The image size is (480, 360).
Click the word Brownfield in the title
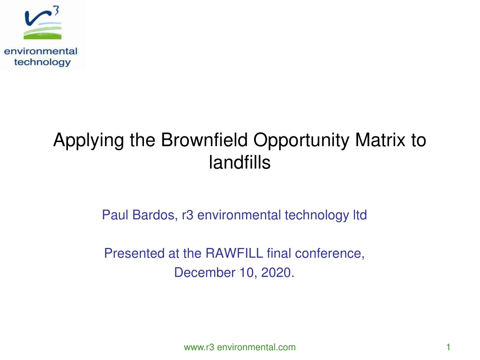click(204, 140)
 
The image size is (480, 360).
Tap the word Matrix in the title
click(380, 140)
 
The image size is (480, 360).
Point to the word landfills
click(240, 162)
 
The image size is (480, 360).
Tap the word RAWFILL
click(234, 253)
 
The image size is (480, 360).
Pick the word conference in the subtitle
click(330, 254)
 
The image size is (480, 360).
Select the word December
click(205, 272)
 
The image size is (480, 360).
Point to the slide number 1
click(448, 347)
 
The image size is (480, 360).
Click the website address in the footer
click(240, 347)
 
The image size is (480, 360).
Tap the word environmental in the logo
click(41, 51)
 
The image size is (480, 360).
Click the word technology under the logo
click(42, 62)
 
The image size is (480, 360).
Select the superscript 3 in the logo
click(56, 11)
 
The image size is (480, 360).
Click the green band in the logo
click(43, 37)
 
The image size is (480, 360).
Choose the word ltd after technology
click(360, 215)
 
